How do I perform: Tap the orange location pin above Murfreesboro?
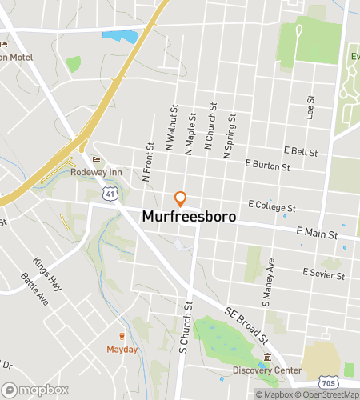coord(181,198)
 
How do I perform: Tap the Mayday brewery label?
coord(122,350)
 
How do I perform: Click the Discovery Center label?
coord(267,370)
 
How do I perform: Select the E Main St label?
coord(317,233)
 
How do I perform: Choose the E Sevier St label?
coord(323,274)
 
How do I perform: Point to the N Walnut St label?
coord(171,126)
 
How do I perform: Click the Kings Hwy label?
coord(47,274)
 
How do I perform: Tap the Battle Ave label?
coord(34,289)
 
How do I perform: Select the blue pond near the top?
coord(120,36)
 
